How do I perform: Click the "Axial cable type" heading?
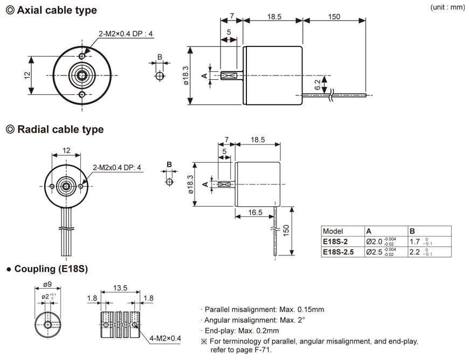pos(56,10)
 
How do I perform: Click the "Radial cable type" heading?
pos(60,129)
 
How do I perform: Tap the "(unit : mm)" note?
pos(448,8)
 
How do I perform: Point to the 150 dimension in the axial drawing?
pos(334,17)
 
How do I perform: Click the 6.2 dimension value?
pos(318,84)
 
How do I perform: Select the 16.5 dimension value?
pos(256,213)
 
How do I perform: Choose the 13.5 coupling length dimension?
pos(120,288)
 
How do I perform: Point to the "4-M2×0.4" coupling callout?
pos(165,338)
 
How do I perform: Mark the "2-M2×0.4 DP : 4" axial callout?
pos(126,34)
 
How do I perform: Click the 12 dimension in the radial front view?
pos(66,151)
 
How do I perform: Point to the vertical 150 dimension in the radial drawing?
pos(286,230)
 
